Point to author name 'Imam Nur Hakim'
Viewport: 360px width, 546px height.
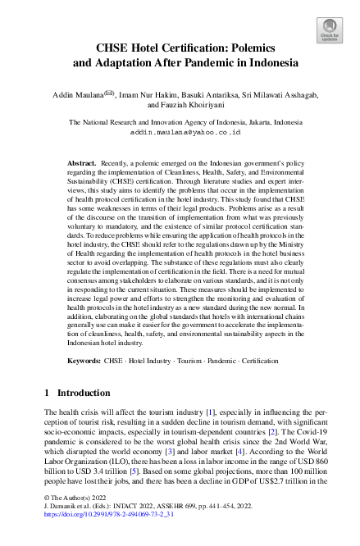[149, 94]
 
